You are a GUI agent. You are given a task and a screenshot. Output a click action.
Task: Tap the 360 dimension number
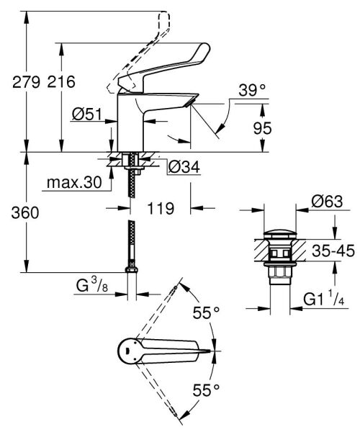pyautogui.click(x=17, y=213)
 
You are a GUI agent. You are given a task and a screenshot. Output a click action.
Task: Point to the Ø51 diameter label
pyautogui.click(x=86, y=113)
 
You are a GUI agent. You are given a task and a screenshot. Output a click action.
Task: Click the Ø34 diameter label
pyautogui.click(x=184, y=168)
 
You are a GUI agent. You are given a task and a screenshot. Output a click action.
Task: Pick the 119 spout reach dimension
pyautogui.click(x=161, y=209)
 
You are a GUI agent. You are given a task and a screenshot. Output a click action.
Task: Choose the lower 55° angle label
pyautogui.click(x=204, y=390)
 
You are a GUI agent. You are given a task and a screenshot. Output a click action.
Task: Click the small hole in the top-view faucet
pyautogui.click(x=127, y=351)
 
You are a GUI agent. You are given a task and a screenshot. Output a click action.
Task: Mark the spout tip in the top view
pyautogui.click(x=213, y=351)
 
